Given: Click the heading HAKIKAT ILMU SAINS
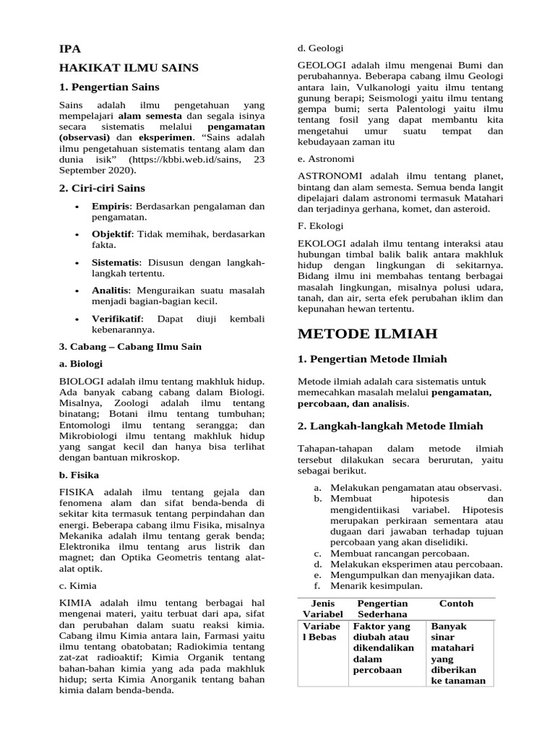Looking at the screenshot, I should click(x=128, y=68).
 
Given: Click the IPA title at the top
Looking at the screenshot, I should click(x=69, y=49).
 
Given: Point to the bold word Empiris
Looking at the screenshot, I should click(x=111, y=206).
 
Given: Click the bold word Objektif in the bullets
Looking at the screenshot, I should click(x=112, y=234).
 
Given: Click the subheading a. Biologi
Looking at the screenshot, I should click(x=80, y=364).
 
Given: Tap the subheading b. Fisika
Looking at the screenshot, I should click(x=79, y=475).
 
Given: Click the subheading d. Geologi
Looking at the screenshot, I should click(x=321, y=48).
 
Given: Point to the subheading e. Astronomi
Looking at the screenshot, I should click(x=326, y=159).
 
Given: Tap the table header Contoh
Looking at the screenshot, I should click(x=456, y=603).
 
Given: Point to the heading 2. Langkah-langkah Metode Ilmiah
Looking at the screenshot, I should click(x=390, y=426).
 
